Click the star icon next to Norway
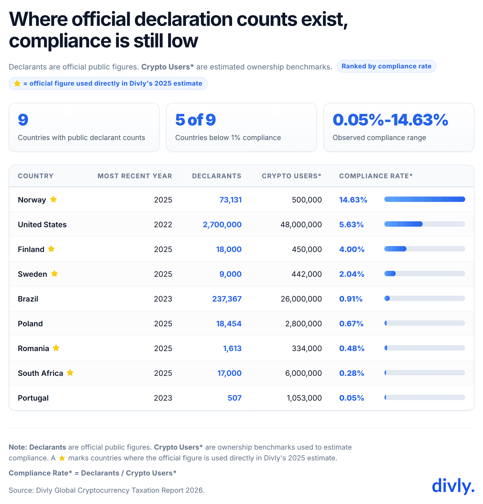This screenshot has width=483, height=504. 53,199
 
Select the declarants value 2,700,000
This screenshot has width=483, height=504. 222,225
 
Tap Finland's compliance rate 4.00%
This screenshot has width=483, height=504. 351,249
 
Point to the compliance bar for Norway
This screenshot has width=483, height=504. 425,199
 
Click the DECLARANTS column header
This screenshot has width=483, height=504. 216,176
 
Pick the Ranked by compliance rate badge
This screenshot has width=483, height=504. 386,66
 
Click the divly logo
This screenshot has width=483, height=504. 453,486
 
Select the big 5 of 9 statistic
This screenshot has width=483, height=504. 195,120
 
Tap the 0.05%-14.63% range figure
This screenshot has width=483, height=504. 390,120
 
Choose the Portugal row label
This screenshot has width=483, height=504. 33,398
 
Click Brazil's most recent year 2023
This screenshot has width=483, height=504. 163,299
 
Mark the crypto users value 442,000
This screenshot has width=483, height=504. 306,274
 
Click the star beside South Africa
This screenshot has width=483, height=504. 70,373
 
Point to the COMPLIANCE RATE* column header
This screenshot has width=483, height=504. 376,176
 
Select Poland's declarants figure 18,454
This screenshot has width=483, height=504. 229,324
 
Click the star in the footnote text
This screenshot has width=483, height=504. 62,458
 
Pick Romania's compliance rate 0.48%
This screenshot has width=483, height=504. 351,348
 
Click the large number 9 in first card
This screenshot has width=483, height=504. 23,120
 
